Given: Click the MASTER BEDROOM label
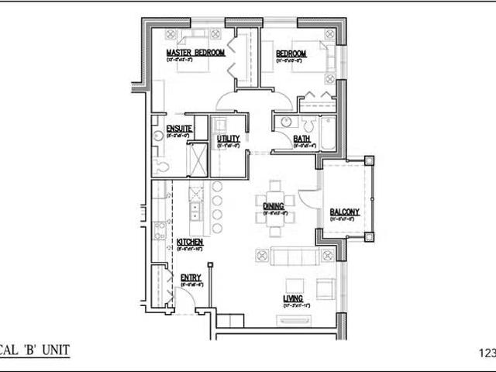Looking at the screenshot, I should [195, 53].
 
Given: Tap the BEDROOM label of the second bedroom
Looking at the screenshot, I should [291, 53].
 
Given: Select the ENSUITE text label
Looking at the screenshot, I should [168, 128].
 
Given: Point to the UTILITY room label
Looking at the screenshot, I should [228, 138].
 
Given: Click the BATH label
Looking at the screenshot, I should [301, 139].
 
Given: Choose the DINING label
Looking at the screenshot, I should [274, 206].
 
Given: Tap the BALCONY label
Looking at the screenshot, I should [344, 212].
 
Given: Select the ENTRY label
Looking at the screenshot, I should [191, 277].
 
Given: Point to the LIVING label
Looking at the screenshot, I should [292, 298].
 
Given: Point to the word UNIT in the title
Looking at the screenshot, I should [55, 350].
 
